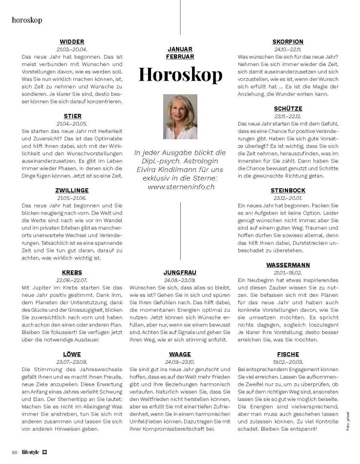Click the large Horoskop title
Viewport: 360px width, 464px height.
180,74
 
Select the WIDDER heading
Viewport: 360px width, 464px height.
72,42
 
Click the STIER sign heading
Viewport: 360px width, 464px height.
72,116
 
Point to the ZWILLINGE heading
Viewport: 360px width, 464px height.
72,190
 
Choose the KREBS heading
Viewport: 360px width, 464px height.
72,273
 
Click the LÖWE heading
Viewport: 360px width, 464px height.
72,354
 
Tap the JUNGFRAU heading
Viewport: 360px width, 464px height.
180,273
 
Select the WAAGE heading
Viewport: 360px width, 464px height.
180,354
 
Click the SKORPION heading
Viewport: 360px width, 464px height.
288,42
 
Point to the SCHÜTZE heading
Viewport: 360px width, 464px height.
288,108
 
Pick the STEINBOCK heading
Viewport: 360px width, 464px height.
288,190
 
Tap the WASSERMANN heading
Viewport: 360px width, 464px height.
288,265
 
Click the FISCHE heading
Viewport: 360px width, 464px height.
288,354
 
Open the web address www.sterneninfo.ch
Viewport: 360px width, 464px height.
180,187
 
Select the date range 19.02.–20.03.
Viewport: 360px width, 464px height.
288,362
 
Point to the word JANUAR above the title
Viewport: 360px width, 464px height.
180,49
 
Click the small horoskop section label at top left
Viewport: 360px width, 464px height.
27,20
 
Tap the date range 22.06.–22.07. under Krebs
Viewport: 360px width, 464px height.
72,280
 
